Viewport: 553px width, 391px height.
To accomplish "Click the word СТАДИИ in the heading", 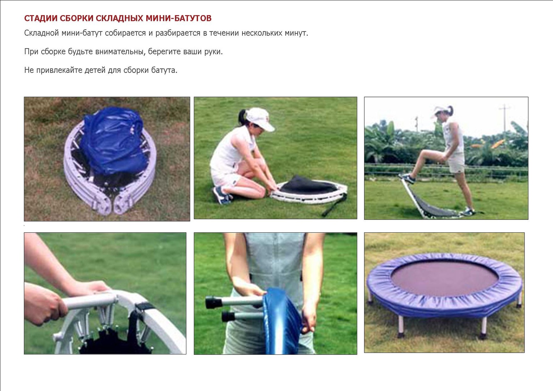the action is point(41,18).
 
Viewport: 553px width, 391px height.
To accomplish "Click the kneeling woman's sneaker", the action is point(222,195).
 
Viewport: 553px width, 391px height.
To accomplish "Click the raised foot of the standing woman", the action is point(407,178).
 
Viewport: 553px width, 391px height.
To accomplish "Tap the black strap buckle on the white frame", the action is point(144,307).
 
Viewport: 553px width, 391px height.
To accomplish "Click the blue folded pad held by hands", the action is point(282,321).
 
